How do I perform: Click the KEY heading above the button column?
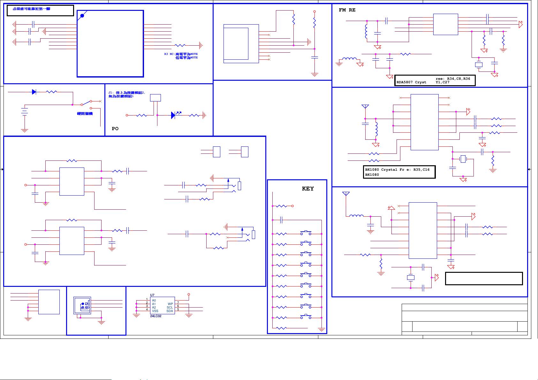click(x=308, y=189)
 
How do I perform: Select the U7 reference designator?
click(x=152, y=295)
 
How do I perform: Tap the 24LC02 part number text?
click(x=156, y=316)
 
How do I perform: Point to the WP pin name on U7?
click(x=170, y=304)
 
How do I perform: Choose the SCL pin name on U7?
click(x=170, y=308)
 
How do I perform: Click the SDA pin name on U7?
click(x=170, y=311)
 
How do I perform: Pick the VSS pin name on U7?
click(x=155, y=311)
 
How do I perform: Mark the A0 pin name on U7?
click(x=154, y=301)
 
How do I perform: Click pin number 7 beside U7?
click(x=178, y=303)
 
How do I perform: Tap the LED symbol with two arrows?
click(x=174, y=115)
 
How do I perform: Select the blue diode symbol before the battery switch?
click(x=34, y=92)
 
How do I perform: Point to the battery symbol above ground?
click(x=24, y=111)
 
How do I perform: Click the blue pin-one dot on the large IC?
click(x=82, y=15)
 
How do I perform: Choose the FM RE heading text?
click(x=347, y=10)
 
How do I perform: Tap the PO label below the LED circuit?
click(x=115, y=129)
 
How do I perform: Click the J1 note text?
click(x=126, y=93)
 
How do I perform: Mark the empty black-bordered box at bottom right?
click(x=484, y=279)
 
